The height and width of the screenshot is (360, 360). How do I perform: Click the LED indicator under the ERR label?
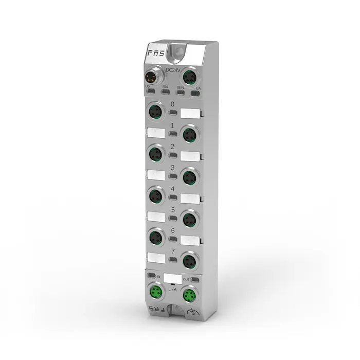click(x=166, y=93)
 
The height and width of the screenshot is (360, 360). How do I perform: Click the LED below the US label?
click(x=150, y=93)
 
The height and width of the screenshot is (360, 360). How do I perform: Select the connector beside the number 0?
click(x=154, y=110)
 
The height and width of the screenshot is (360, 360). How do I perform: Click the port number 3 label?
click(x=173, y=168)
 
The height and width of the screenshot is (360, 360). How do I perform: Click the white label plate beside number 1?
click(x=155, y=133)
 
